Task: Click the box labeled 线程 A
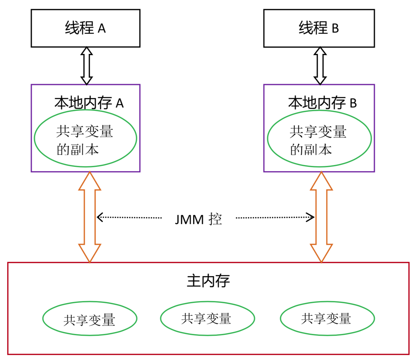[85, 28]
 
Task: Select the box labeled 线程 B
[319, 28]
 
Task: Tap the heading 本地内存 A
[89, 103]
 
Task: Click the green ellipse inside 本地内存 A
[85, 138]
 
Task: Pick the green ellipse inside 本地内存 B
[319, 138]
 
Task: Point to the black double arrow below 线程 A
[87, 66]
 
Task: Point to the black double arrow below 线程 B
[320, 66]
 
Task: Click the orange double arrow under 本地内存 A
[89, 217]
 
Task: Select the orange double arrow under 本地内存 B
[321, 217]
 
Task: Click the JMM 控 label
[198, 219]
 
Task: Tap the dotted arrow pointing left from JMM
[129, 217]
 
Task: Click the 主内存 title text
[208, 281]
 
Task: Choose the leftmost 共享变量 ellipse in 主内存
[89, 319]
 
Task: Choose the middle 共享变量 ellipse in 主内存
[207, 319]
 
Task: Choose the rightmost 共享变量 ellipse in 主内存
[327, 319]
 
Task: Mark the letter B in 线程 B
[335, 29]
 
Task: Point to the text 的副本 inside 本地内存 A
[78, 149]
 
